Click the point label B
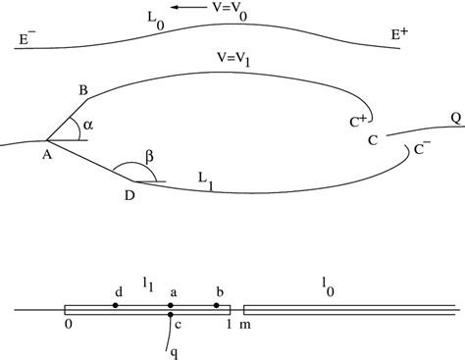pyautogui.click(x=84, y=91)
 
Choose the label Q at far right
pyautogui.click(x=454, y=118)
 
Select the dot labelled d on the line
pyautogui.click(x=116, y=306)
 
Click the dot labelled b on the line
pyautogui.click(x=217, y=306)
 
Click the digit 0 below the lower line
pyautogui.click(x=69, y=324)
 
